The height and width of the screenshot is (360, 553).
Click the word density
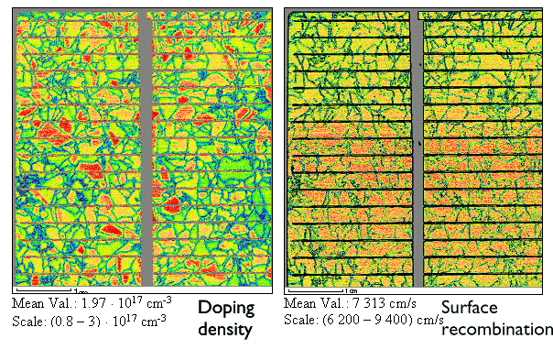pyautogui.click(x=224, y=329)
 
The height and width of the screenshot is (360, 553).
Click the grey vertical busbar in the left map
pyautogui.click(x=146, y=147)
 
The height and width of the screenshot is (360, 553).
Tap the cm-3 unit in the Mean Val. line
pyautogui.click(x=160, y=300)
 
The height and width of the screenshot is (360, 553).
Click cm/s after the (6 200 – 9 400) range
pyautogui.click(x=429, y=321)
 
